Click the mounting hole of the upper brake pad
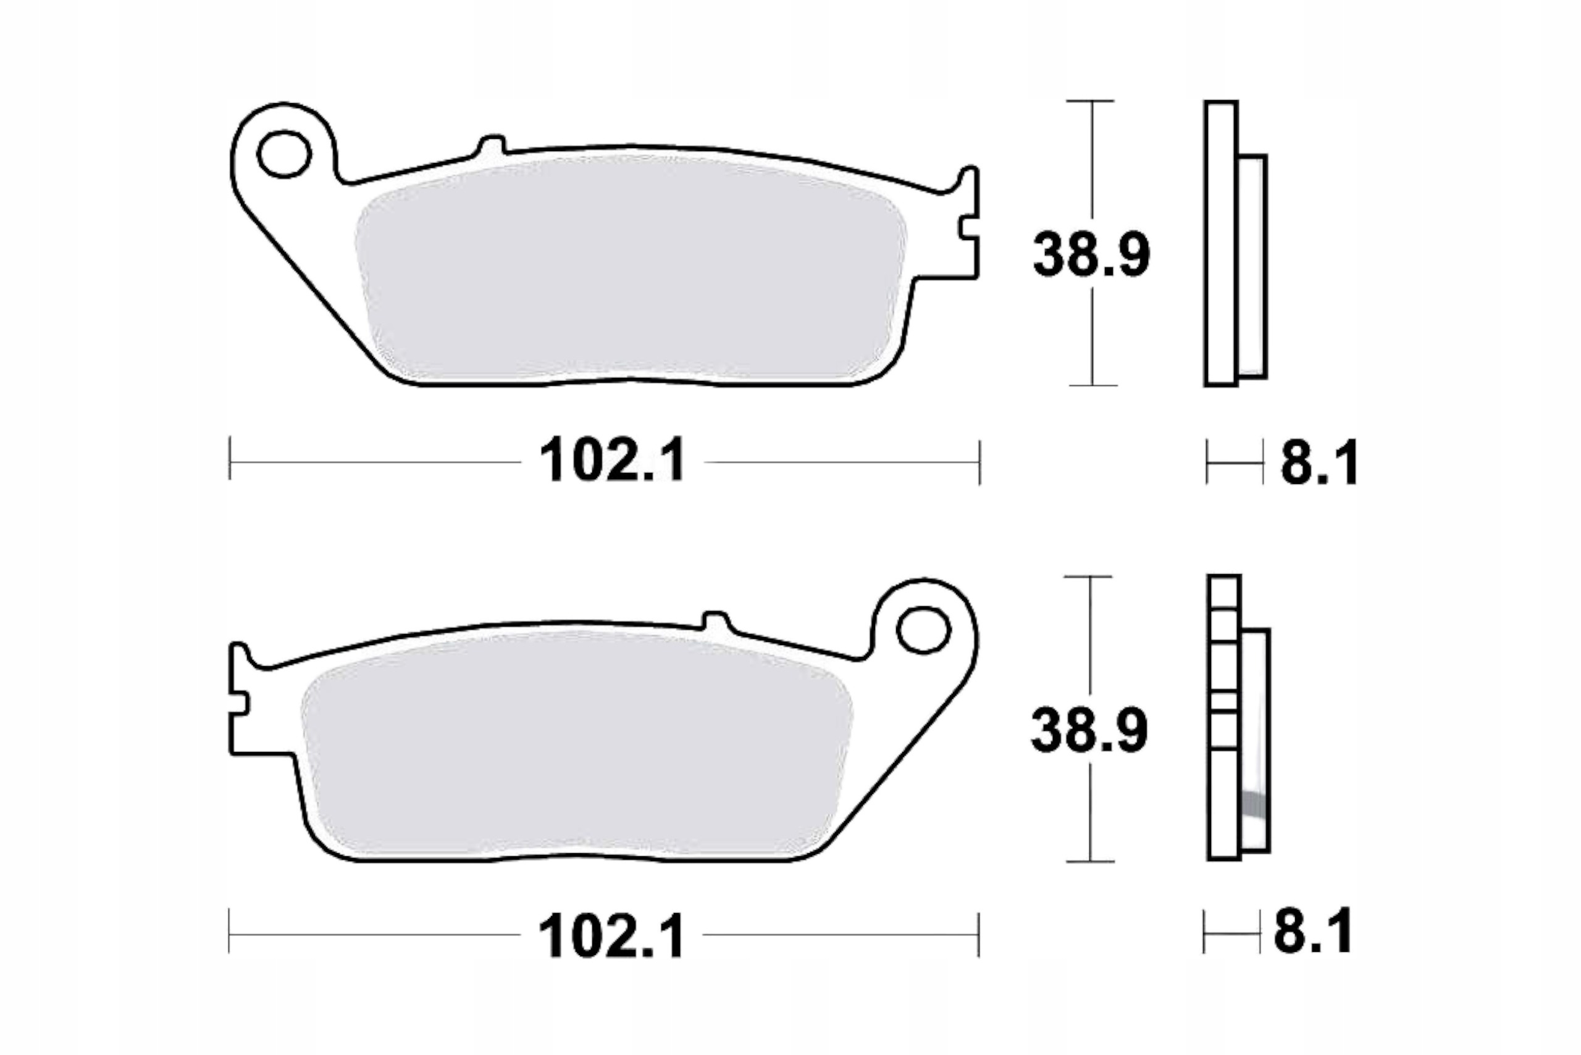284,154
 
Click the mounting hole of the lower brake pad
923,630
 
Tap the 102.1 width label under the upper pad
612,461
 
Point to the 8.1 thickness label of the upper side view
1319,462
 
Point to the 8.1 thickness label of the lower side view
1312,932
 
